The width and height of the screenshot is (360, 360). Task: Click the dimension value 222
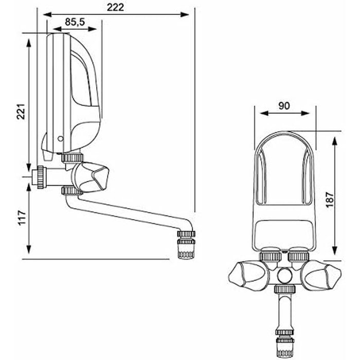tap(121, 8)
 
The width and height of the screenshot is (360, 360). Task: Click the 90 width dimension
tap(284, 105)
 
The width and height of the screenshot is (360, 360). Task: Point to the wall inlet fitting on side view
tap(39, 176)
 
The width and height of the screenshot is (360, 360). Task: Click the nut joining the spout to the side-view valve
tap(68, 191)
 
